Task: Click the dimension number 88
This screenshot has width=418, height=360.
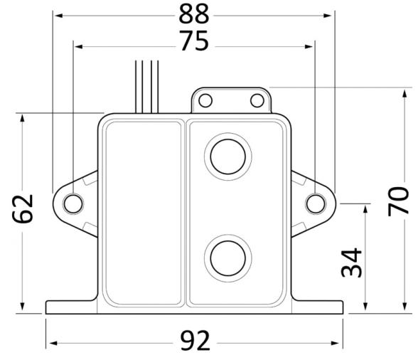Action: (x=193, y=14)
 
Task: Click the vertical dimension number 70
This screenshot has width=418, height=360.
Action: (x=399, y=201)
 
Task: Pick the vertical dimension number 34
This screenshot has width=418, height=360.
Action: (x=352, y=263)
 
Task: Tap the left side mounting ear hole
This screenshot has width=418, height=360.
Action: (x=73, y=204)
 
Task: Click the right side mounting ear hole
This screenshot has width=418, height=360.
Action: (x=313, y=204)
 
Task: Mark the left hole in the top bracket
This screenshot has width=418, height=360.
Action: (x=205, y=100)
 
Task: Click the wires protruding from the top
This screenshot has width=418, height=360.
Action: (x=147, y=85)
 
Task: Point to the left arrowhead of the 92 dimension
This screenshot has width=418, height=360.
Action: (x=50, y=343)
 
